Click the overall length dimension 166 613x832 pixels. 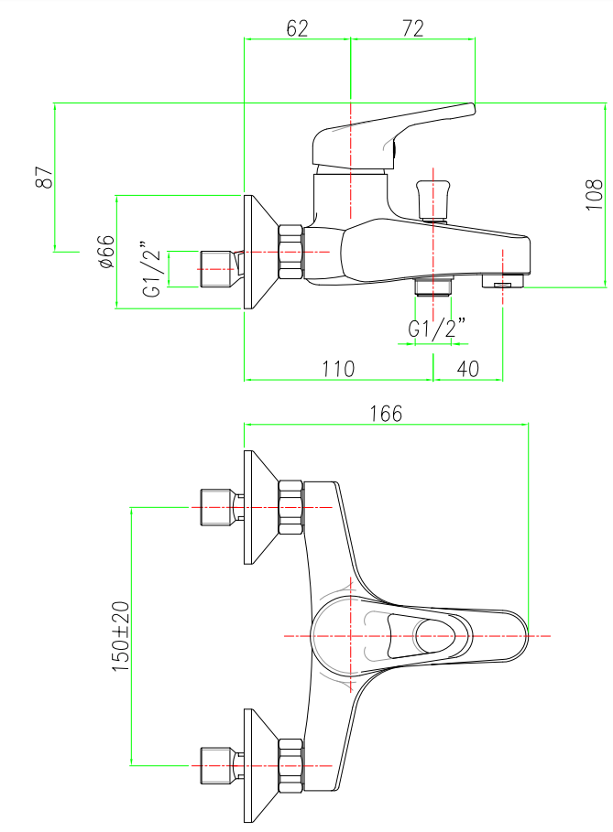coord(386,413)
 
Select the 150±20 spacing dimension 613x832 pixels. coord(120,637)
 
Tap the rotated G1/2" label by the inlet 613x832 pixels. coord(153,269)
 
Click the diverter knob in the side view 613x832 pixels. coord(433,197)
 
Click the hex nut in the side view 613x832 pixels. coord(290,252)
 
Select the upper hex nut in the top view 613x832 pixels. coord(290,508)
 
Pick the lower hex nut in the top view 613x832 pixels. coord(290,765)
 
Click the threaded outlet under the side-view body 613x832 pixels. coord(433,286)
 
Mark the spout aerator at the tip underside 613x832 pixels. coord(502,283)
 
